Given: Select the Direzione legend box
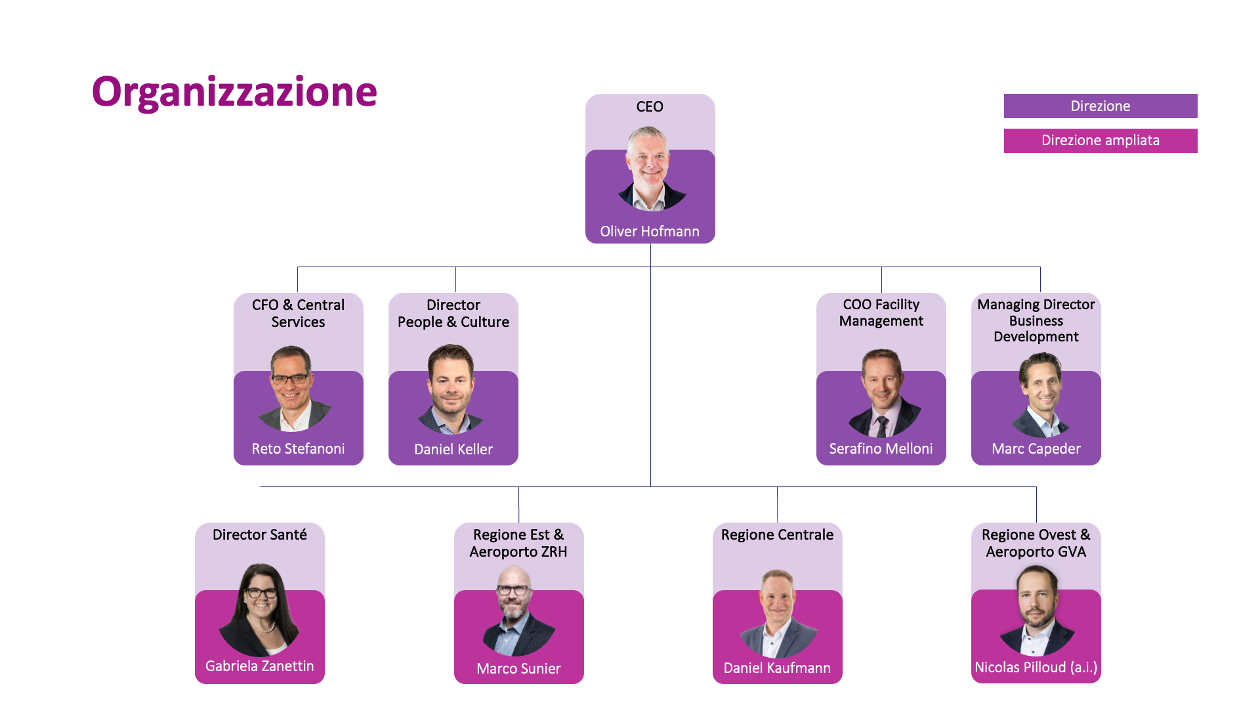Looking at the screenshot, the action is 1101,106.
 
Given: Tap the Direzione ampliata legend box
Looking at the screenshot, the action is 1101,140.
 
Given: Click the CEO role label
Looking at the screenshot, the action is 650,106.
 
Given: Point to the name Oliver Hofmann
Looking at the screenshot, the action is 650,231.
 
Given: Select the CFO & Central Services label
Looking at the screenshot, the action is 298,313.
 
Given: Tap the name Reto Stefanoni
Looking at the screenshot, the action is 298,448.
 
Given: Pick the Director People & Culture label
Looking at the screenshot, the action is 453,313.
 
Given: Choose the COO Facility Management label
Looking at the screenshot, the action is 881,312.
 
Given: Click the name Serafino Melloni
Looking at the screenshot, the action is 881,448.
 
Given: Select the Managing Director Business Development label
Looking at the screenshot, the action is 1036,320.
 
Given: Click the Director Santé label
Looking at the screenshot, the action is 260,534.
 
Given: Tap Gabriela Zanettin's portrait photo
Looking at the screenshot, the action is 260,610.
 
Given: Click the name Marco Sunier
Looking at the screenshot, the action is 518,668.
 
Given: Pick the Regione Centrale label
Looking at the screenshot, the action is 777,534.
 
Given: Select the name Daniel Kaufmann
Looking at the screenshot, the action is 777,668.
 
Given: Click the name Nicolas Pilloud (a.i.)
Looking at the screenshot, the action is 1036,667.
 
